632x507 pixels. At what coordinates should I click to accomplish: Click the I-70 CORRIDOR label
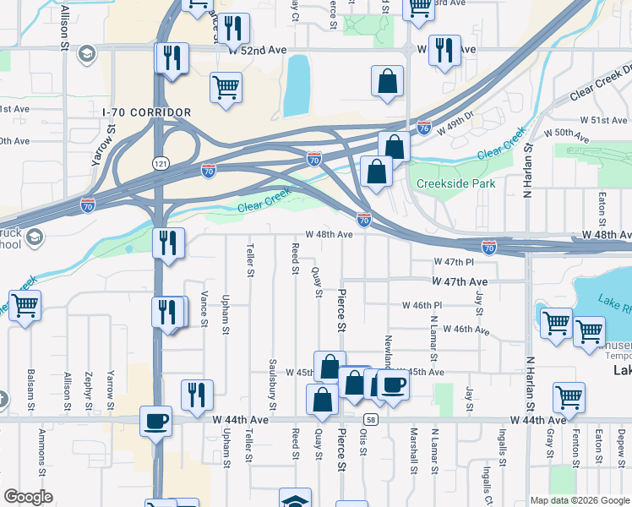coord(146,112)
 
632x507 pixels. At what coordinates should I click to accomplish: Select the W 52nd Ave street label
coord(259,51)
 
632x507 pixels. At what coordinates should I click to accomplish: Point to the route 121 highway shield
coord(159,161)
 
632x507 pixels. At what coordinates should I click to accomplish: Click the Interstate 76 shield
coord(424,128)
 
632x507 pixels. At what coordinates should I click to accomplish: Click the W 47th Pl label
coord(449,263)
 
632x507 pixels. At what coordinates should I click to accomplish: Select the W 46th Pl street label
coord(422,305)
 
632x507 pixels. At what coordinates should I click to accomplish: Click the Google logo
coord(28,497)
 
